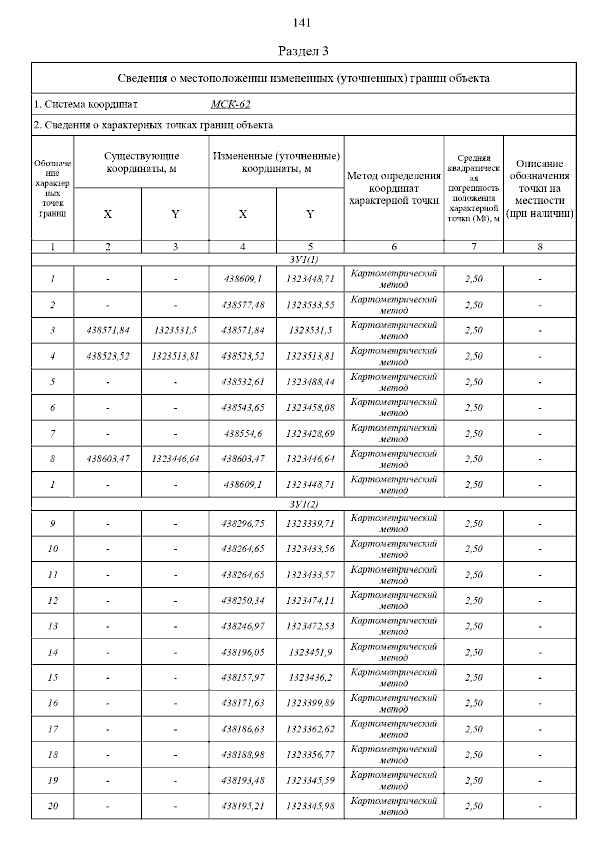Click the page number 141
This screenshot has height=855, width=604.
301,23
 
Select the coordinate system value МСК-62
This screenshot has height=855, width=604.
231,105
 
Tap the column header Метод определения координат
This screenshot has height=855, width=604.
394,188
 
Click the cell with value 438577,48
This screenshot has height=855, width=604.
243,305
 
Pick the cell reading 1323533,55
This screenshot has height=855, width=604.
310,305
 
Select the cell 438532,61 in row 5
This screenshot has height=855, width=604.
243,382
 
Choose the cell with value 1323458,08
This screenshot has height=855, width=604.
310,408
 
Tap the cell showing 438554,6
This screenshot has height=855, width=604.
243,434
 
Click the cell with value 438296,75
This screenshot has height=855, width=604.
243,524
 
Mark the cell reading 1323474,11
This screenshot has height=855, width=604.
310,601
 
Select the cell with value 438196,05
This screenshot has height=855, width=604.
243,652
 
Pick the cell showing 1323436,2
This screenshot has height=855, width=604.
310,678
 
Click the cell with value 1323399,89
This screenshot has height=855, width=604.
310,703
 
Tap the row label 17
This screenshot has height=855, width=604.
53,729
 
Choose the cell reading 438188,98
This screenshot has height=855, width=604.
243,755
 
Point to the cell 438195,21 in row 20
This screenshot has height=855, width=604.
243,806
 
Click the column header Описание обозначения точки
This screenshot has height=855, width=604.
540,188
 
